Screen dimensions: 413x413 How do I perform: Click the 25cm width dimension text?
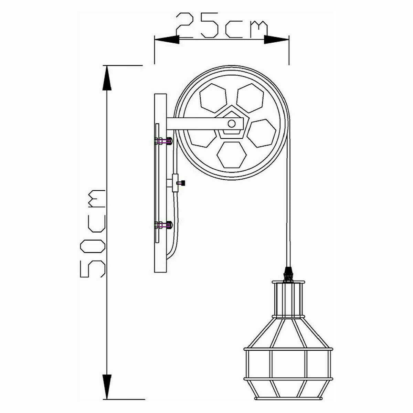pyautogui.click(x=221, y=26)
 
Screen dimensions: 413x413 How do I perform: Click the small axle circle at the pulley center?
pyautogui.click(x=232, y=123)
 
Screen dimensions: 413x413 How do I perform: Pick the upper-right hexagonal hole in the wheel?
pyautogui.click(x=250, y=98)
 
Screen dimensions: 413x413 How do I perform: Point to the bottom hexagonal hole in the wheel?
pyautogui.click(x=231, y=154)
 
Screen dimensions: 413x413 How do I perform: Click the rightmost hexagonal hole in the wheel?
pyautogui.click(x=262, y=134)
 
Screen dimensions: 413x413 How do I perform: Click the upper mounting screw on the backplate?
pyautogui.click(x=163, y=141)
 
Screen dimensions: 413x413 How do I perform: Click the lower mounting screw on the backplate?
pyautogui.click(x=163, y=225)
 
